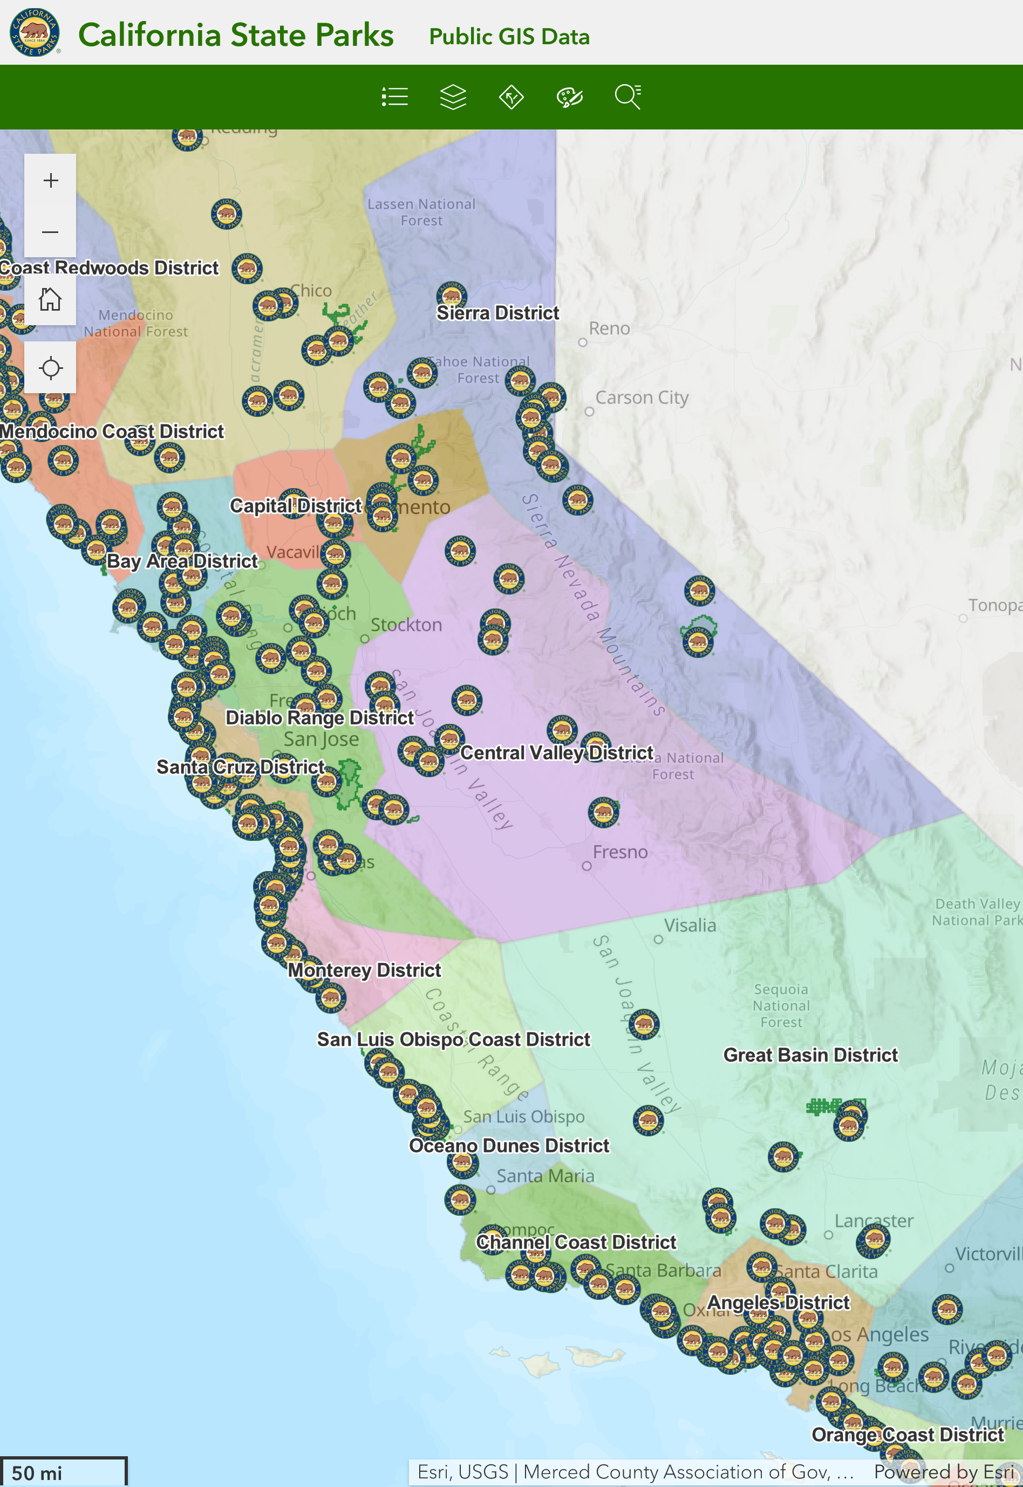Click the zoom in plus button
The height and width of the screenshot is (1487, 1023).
point(51,180)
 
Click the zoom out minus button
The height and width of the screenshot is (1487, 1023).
point(51,232)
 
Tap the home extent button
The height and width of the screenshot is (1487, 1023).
point(51,299)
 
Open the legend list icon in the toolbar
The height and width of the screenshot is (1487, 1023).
point(394,98)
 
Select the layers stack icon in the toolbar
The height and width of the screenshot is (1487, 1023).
point(453,98)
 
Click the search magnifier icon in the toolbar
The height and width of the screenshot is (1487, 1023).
point(628,98)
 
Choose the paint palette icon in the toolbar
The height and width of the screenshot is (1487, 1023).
point(569,98)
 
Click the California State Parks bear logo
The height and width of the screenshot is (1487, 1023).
point(35,33)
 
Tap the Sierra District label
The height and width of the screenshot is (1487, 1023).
point(497,313)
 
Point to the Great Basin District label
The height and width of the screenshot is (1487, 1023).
point(810,1054)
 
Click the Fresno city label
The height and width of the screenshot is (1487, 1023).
point(620,852)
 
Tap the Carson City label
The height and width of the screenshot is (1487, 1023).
point(642,398)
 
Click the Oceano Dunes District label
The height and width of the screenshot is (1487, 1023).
point(509,1146)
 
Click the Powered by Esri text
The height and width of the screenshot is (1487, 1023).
point(944,1471)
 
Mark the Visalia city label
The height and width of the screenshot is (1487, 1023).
point(690,925)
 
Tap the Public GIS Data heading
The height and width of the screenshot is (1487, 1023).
point(509,37)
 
